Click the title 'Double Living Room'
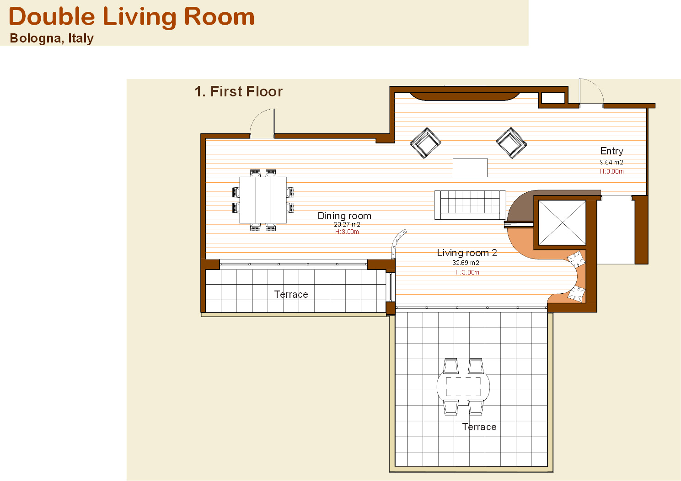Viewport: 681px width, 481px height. point(131,17)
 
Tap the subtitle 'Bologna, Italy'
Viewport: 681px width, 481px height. point(52,38)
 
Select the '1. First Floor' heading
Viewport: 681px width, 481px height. point(239,91)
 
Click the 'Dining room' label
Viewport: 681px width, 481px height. point(344,216)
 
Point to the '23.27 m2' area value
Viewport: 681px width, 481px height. point(347,224)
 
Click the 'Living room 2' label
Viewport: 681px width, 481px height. point(467,253)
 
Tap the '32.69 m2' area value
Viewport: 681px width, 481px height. point(466,263)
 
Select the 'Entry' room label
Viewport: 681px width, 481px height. point(611,151)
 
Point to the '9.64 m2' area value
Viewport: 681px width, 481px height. point(611,162)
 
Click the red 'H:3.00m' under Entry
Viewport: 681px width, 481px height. point(611,171)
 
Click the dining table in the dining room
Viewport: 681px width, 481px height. point(263,200)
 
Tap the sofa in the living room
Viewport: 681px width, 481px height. point(470,205)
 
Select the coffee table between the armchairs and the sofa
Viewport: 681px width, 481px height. point(470,167)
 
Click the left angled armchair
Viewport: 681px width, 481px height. point(425,143)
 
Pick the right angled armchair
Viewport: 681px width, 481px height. point(511,143)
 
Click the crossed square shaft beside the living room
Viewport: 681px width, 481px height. point(562,222)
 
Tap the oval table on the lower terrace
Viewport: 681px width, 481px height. point(463,386)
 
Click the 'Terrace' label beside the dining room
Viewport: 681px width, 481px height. point(291,294)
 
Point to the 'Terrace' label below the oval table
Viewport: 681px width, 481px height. point(479,427)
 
